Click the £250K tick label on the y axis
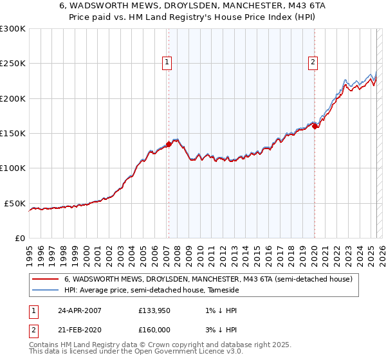pyautogui.click(x=13, y=64)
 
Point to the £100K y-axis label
pyautogui.click(x=13, y=168)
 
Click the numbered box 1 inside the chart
pyautogui.click(x=167, y=62)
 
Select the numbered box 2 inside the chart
pyautogui.click(x=313, y=62)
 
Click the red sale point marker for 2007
pyautogui.click(x=169, y=145)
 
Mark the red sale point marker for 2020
pyautogui.click(x=315, y=127)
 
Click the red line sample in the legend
pyautogui.click(x=45, y=280)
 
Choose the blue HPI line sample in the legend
pyautogui.click(x=45, y=291)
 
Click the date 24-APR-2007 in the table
pyautogui.click(x=78, y=310)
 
